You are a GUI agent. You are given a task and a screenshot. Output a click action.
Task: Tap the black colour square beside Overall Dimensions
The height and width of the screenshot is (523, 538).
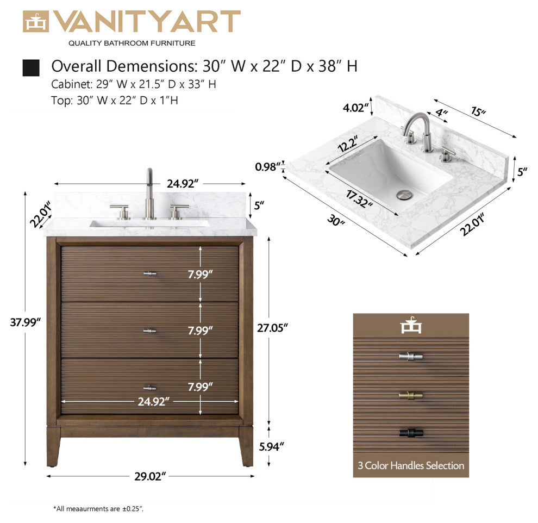click(x=31, y=68)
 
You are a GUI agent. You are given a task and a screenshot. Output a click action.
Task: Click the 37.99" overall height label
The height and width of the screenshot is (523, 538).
click(x=26, y=322)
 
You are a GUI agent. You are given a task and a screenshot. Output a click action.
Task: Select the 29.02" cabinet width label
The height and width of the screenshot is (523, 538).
click(x=149, y=476)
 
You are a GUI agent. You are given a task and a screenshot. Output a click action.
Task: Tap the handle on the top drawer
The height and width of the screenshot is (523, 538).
click(x=150, y=273)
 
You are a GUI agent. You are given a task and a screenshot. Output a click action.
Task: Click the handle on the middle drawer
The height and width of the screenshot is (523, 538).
click(x=150, y=331)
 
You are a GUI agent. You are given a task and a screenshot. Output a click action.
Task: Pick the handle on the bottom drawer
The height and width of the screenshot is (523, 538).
click(x=150, y=388)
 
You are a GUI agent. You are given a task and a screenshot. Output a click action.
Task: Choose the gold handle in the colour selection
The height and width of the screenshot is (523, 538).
click(x=411, y=395)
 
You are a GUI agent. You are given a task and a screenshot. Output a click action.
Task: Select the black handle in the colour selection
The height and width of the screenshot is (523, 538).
click(x=411, y=433)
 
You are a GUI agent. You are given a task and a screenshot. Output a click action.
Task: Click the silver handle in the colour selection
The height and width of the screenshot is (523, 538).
click(x=411, y=357)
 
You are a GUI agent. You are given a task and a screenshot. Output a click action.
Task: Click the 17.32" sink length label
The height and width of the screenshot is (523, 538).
click(x=359, y=198)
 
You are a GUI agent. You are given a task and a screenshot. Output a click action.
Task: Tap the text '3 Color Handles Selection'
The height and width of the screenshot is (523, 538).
click(x=411, y=465)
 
